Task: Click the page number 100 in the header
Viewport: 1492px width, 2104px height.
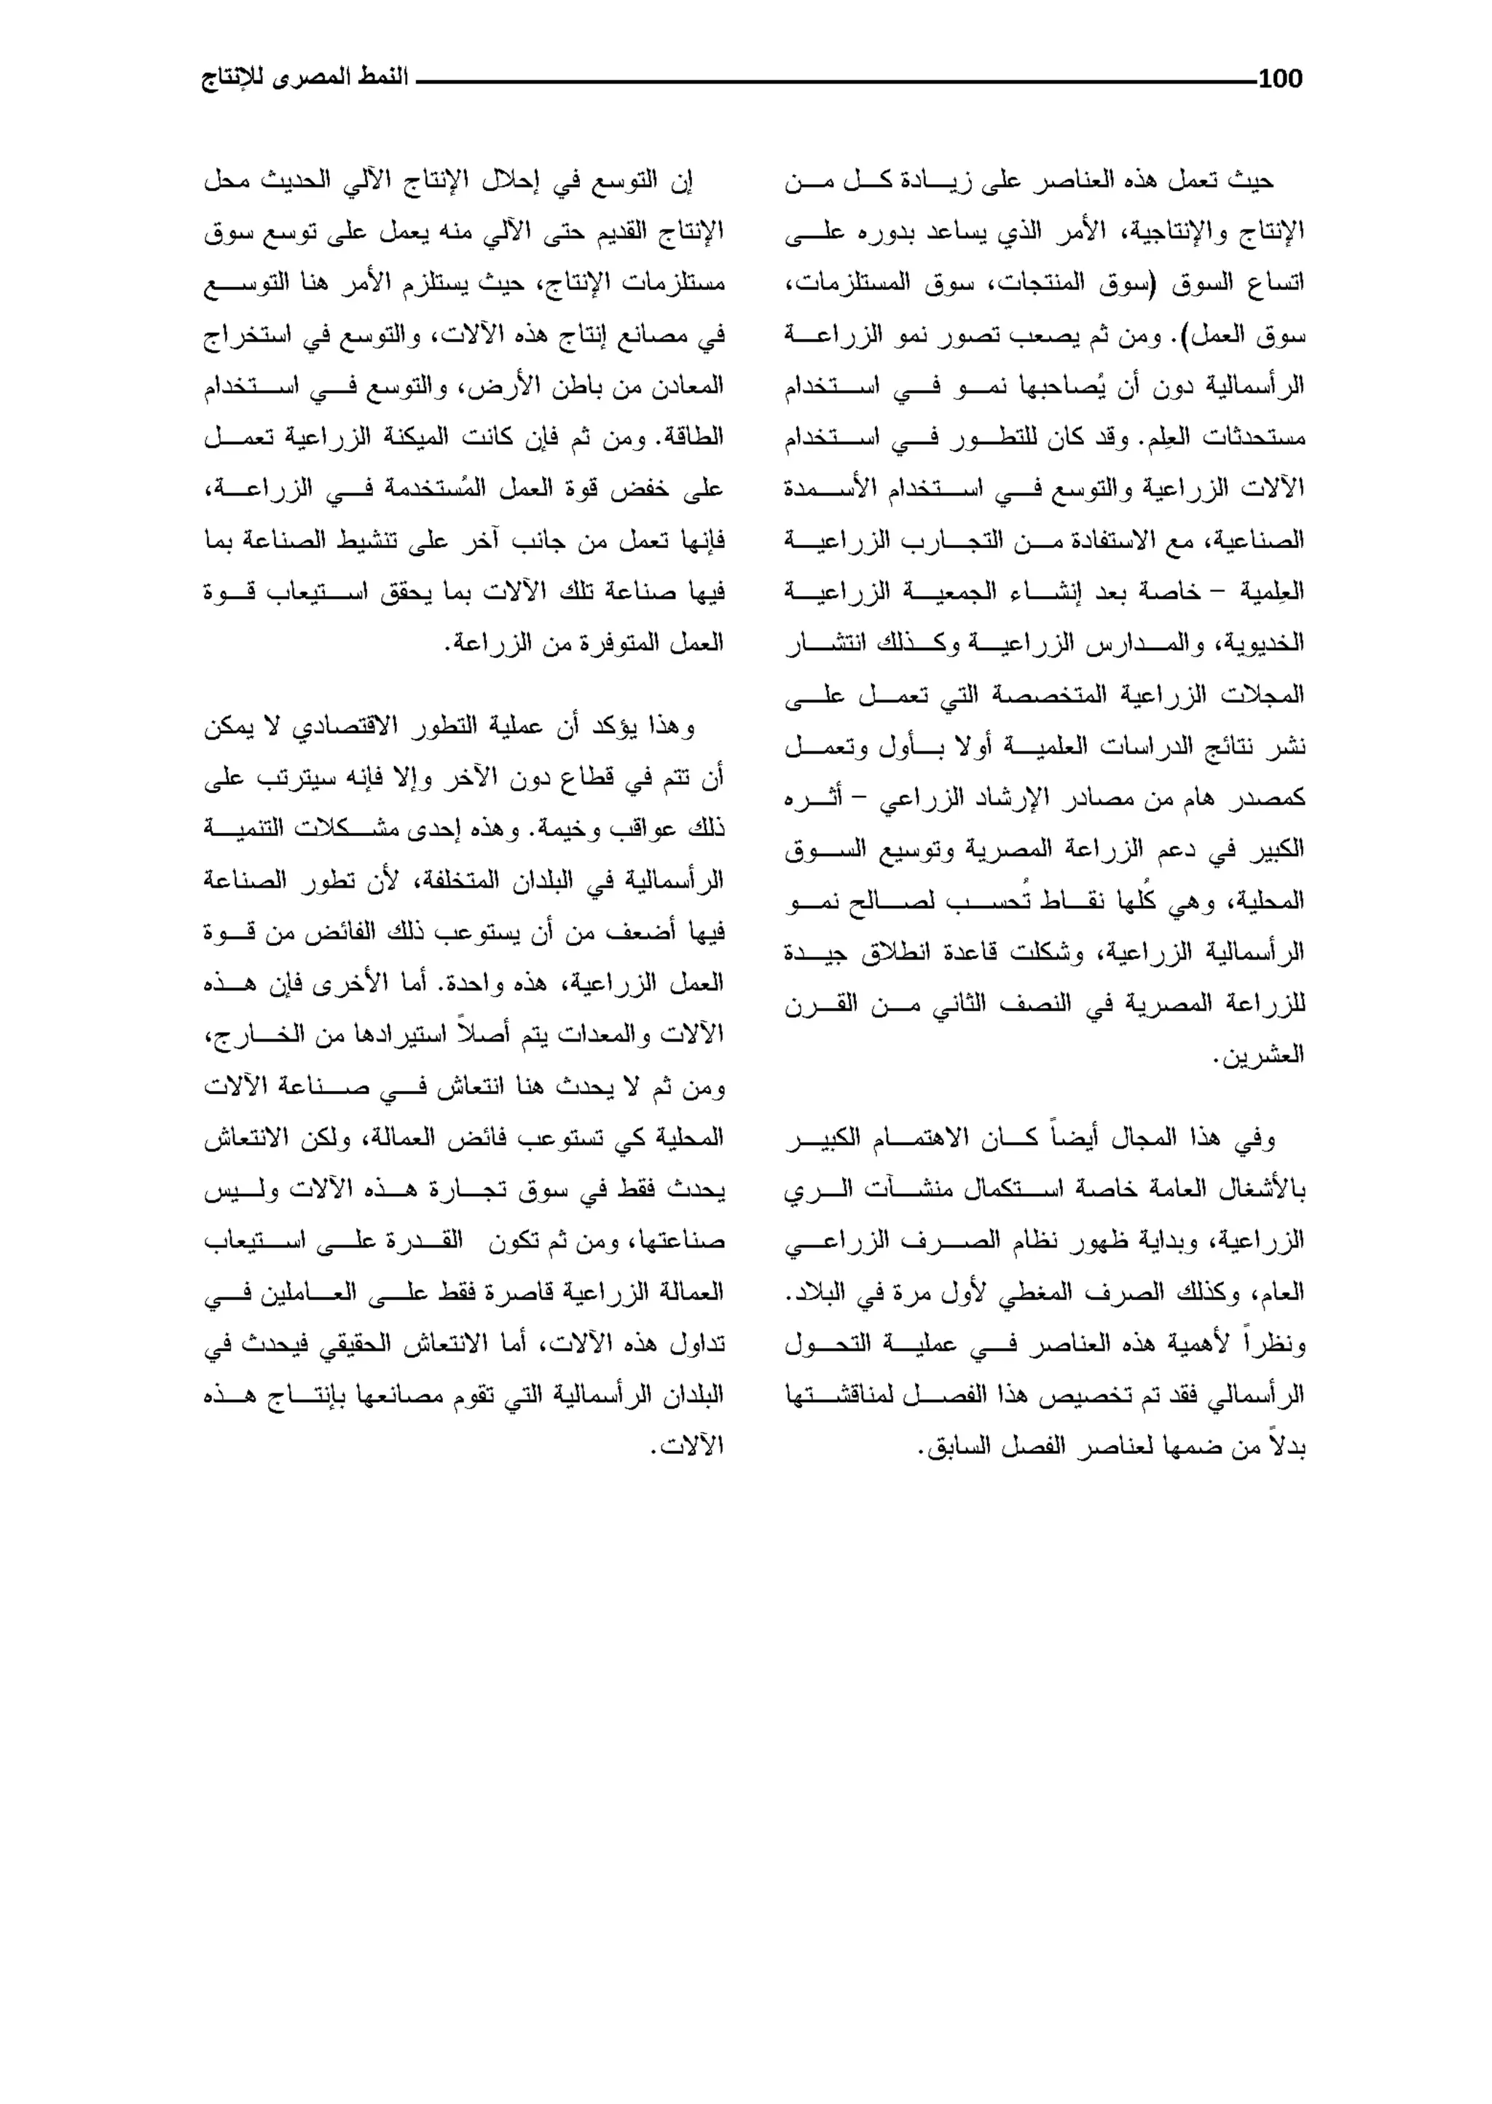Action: click(1280, 79)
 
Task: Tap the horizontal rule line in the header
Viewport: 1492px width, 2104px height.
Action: click(836, 82)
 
